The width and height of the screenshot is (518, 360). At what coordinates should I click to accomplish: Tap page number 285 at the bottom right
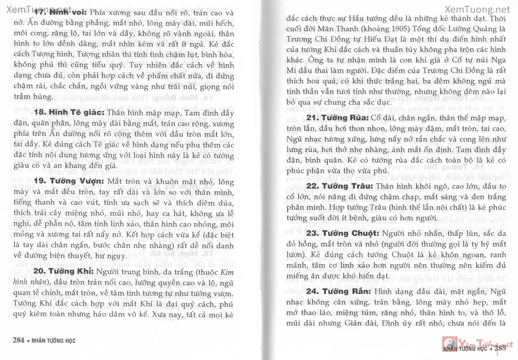(500, 349)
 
